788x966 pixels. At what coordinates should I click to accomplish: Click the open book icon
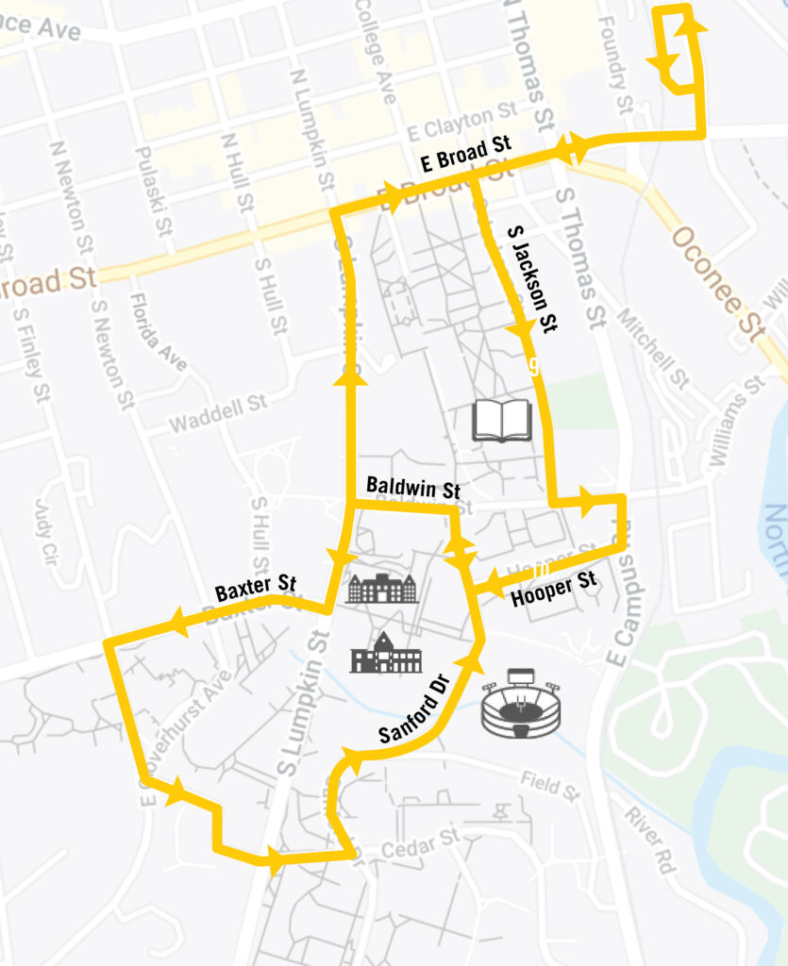(502, 420)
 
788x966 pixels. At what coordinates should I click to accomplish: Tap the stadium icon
(521, 703)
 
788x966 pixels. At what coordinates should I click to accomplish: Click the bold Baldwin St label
(412, 489)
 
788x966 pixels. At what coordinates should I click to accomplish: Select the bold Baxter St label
(255, 589)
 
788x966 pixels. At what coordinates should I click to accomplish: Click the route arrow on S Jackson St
(520, 330)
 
